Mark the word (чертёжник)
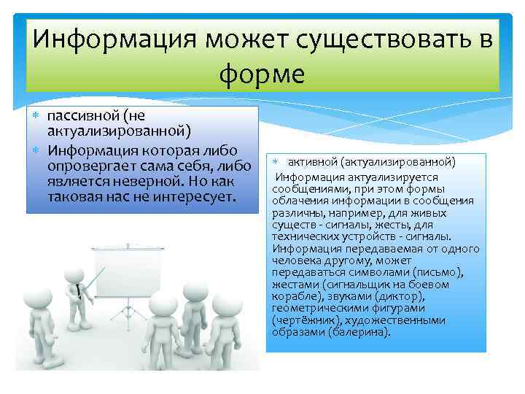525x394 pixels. [302, 320]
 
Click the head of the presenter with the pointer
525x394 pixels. [74, 274]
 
